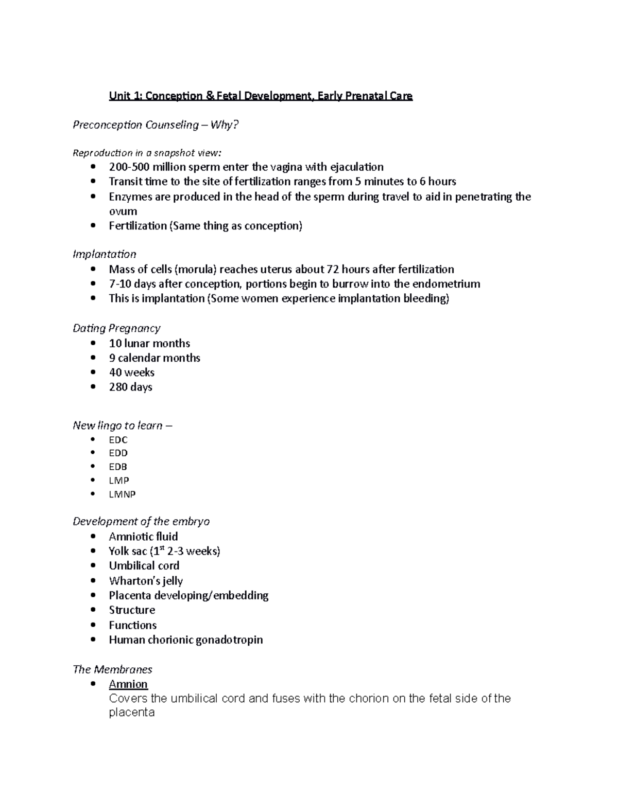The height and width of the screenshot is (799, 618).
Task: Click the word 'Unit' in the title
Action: click(119, 96)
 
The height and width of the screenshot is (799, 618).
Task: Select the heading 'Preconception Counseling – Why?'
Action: click(156, 125)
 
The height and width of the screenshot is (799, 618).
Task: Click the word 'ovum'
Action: click(123, 211)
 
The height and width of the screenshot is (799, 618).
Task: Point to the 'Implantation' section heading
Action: click(104, 254)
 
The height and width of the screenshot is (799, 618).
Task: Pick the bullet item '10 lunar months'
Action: click(149, 344)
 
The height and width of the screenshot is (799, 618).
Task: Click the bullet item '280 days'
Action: click(130, 387)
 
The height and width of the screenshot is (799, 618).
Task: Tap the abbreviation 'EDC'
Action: click(118, 440)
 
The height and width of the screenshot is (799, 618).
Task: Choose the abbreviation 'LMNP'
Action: click(122, 494)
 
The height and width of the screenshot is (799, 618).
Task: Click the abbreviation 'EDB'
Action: click(118, 467)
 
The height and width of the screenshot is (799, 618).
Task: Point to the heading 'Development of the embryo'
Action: click(141, 522)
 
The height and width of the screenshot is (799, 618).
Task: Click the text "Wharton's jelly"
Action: click(146, 581)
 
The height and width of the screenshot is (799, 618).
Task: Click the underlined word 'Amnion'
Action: click(128, 684)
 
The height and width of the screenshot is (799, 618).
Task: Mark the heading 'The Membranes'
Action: click(112, 670)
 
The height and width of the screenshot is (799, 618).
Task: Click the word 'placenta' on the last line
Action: click(131, 713)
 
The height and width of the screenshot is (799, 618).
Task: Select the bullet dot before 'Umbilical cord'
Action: click(93, 566)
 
